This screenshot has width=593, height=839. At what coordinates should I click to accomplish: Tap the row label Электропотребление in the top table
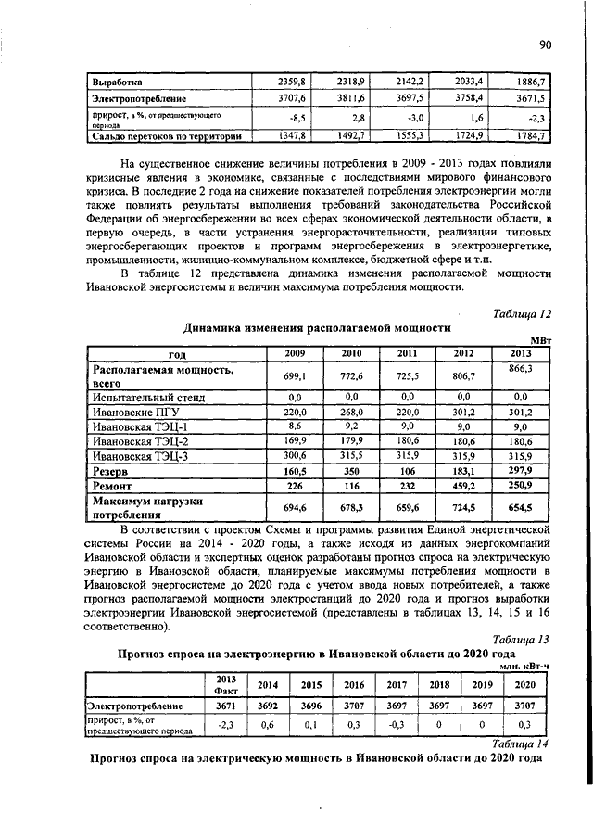tap(138, 97)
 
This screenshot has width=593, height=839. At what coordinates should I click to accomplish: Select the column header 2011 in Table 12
tap(408, 353)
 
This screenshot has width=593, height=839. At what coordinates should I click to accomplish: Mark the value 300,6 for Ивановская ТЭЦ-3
tap(293, 456)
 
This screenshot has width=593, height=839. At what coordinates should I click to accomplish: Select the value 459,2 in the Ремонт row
tap(463, 486)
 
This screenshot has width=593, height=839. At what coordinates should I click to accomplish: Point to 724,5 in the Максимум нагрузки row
tap(463, 508)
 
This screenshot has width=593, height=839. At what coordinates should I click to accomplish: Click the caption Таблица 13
tap(522, 639)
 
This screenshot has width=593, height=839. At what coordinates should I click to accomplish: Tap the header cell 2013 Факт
tap(226, 684)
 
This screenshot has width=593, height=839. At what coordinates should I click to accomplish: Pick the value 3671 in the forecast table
tap(226, 706)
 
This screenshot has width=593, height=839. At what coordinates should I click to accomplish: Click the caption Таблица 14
tap(522, 743)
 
